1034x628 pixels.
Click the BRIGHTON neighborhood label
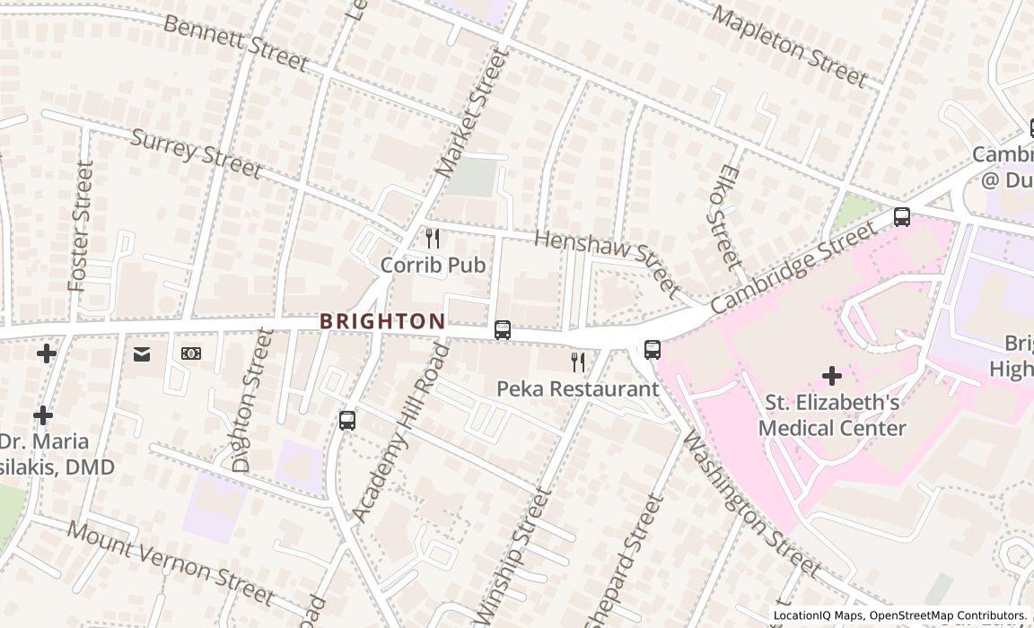pyautogui.click(x=382, y=321)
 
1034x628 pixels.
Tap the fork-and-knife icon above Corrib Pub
pyautogui.click(x=433, y=239)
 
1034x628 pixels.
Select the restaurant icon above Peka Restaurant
pyautogui.click(x=579, y=362)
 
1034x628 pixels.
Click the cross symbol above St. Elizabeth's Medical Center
pyautogui.click(x=832, y=375)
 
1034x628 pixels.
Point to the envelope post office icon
pyautogui.click(x=142, y=354)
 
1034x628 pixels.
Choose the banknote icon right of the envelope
pyautogui.click(x=191, y=353)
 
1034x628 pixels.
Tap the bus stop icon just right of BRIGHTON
pyautogui.click(x=503, y=330)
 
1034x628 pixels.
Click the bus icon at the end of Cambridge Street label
pyautogui.click(x=902, y=217)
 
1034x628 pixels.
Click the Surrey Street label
pyautogui.click(x=197, y=153)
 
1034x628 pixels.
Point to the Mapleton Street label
pyautogui.click(x=790, y=45)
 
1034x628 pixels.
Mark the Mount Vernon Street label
pyautogui.click(x=171, y=563)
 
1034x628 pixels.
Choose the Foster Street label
pyautogui.click(x=81, y=226)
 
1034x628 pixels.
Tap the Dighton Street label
pyautogui.click(x=252, y=400)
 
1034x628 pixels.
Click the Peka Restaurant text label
pyautogui.click(x=578, y=389)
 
